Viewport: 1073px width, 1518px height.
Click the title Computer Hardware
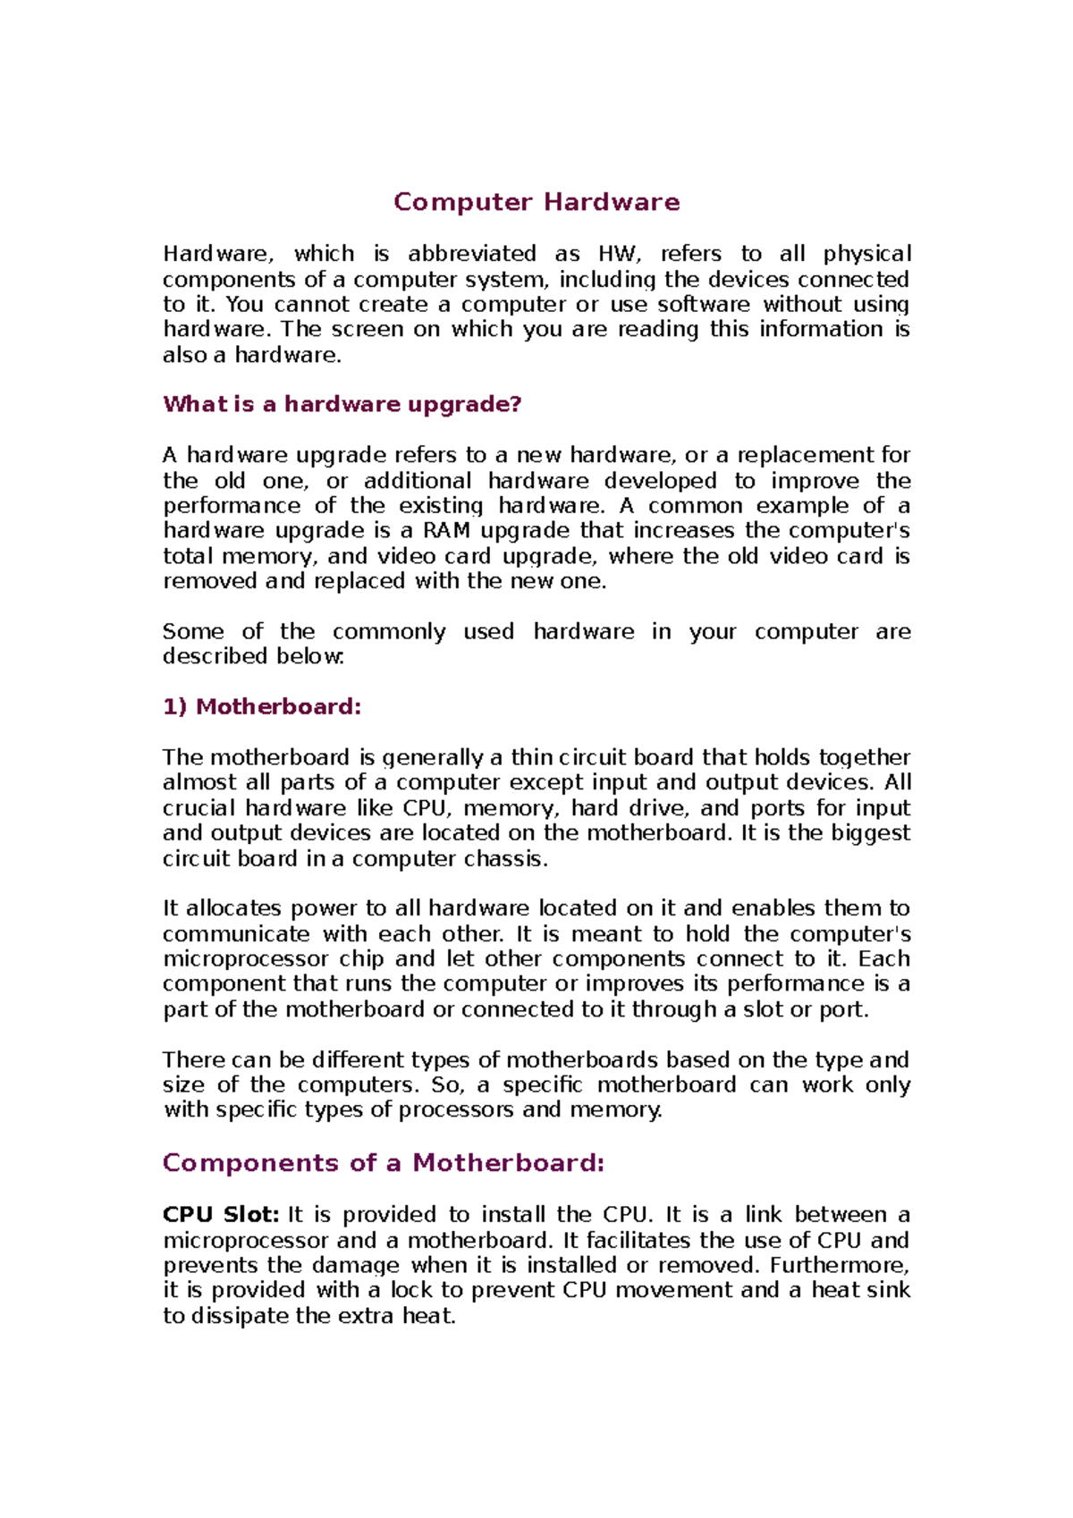click(x=536, y=202)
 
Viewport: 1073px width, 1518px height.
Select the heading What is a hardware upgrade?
click(x=342, y=404)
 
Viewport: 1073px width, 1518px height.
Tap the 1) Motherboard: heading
click(x=262, y=707)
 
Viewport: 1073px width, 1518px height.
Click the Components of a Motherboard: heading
click(x=384, y=1163)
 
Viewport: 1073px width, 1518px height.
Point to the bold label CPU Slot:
click(x=221, y=1215)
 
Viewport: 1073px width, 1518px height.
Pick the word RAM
click(x=446, y=531)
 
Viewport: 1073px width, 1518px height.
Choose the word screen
click(x=368, y=330)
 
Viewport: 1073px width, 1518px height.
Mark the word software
click(x=704, y=305)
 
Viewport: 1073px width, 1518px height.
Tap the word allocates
click(x=233, y=908)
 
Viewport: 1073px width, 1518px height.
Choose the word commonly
click(x=389, y=632)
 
